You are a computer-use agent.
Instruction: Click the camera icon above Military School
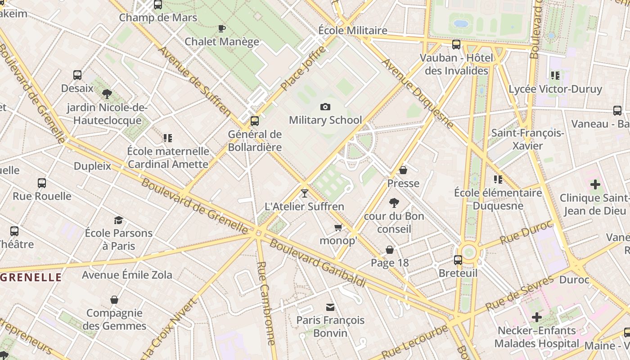point(325,107)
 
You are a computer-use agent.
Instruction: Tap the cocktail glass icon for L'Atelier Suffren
point(305,193)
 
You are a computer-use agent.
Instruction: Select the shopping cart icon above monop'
point(338,228)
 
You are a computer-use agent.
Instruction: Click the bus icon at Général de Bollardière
point(255,121)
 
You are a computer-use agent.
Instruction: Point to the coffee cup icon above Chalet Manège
point(221,28)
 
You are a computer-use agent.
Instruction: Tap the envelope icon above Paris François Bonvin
point(330,307)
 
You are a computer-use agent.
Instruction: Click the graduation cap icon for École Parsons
point(118,220)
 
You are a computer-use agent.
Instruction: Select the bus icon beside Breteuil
point(458,260)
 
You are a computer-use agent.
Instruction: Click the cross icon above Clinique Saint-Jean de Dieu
point(595,184)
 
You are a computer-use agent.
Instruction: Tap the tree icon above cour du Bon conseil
point(394,202)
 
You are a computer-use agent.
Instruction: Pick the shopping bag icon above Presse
point(403,170)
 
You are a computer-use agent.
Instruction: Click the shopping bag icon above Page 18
point(390,249)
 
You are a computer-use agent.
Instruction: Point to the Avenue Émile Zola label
point(127,274)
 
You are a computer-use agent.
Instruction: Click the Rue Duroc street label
point(525,233)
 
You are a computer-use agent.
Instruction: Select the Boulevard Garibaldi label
point(317,263)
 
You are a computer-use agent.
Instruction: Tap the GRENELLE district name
point(31,277)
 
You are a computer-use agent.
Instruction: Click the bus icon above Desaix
point(77,75)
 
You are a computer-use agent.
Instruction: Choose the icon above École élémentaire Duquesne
point(498,179)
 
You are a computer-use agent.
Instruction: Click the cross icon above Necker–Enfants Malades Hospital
point(536,317)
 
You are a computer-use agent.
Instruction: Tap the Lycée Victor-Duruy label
point(555,89)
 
